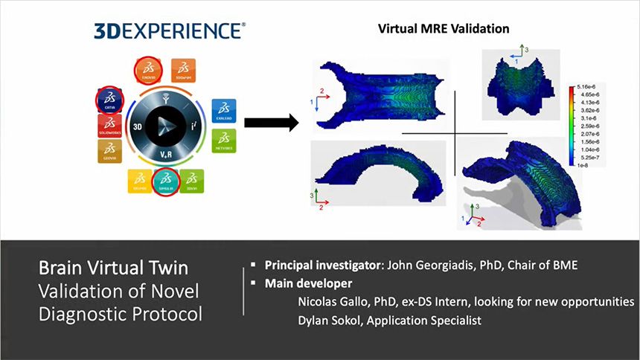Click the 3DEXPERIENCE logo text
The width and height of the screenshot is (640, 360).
click(169, 30)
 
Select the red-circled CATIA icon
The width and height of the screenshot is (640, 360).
click(109, 101)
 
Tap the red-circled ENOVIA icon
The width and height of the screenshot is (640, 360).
click(150, 70)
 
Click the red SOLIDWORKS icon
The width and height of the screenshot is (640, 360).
click(109, 126)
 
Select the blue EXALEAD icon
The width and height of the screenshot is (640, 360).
click(225, 109)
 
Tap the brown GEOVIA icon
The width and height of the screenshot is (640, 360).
click(109, 150)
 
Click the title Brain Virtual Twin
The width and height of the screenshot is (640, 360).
click(115, 269)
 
